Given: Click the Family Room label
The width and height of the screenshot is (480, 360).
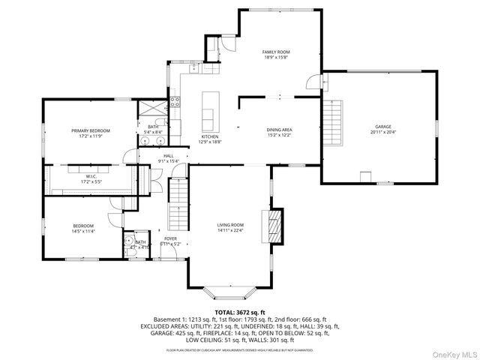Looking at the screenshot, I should tap(275, 52).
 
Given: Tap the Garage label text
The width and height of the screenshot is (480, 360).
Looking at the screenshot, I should tap(383, 127).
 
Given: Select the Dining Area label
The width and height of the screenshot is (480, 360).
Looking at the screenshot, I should tap(279, 130).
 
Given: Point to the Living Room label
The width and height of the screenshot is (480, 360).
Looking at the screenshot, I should tap(230, 225).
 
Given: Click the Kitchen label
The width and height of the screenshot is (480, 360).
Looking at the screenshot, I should tap(208, 136).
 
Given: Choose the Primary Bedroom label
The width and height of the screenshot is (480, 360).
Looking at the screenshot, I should tap(85, 130).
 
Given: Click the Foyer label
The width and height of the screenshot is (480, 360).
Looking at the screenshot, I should tap(170, 238).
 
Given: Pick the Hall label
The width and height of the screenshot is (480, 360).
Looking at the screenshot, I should tap(168, 156).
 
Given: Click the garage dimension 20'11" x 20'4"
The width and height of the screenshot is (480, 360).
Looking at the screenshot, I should tap(383, 133).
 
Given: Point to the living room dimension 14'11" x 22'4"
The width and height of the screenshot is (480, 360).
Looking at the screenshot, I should tap(230, 230).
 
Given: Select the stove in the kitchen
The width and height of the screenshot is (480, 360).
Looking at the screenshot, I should tap(174, 102).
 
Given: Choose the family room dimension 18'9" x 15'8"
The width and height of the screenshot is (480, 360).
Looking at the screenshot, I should tap(275, 57).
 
